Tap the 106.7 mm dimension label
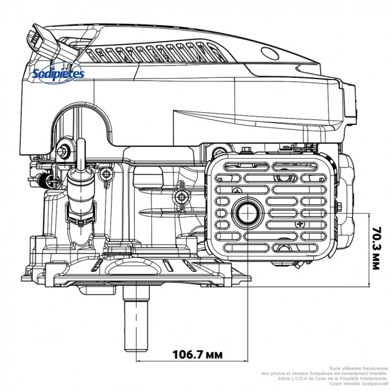pos(197,355)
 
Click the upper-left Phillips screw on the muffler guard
pos(237,191)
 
